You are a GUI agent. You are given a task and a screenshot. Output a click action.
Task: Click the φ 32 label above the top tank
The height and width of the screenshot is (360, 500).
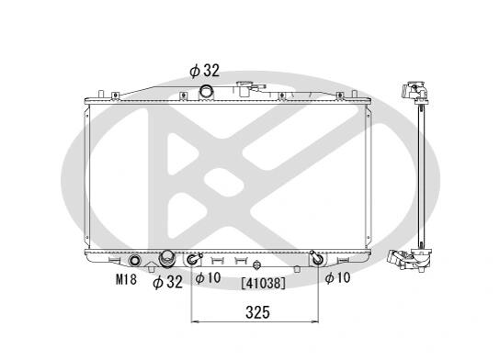coord(204,71)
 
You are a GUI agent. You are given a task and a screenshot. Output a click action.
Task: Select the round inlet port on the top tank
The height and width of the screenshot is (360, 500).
coord(206,92)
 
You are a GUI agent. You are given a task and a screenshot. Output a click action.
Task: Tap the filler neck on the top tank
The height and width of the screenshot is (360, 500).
coord(244,89)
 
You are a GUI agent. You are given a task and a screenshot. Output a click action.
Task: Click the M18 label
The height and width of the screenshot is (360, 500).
coord(126,280)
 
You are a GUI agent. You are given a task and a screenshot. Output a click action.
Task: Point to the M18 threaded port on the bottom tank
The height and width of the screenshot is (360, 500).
coord(134,261)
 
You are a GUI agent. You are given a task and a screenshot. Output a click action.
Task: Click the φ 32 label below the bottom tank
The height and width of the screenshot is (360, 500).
coord(167,282)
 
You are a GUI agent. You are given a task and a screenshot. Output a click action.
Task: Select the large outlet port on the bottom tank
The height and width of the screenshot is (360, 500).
coord(167,258)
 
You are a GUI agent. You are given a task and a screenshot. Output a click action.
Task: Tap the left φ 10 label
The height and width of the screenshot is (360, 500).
coord(208,277)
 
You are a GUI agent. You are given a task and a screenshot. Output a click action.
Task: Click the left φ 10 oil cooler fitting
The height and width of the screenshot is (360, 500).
coord(193,259)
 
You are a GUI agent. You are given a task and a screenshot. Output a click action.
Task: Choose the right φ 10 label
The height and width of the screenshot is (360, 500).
coord(337,277)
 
